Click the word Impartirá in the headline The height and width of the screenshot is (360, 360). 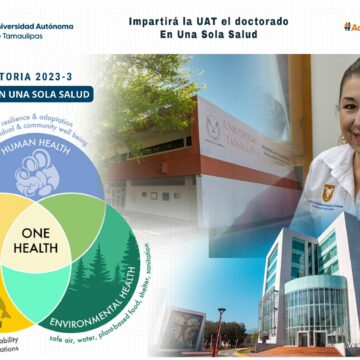coord(153,20)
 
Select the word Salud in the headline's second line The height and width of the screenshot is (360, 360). coord(241,34)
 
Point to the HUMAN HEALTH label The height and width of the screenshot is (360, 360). coord(45,144)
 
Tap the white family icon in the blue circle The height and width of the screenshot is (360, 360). coord(37,174)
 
